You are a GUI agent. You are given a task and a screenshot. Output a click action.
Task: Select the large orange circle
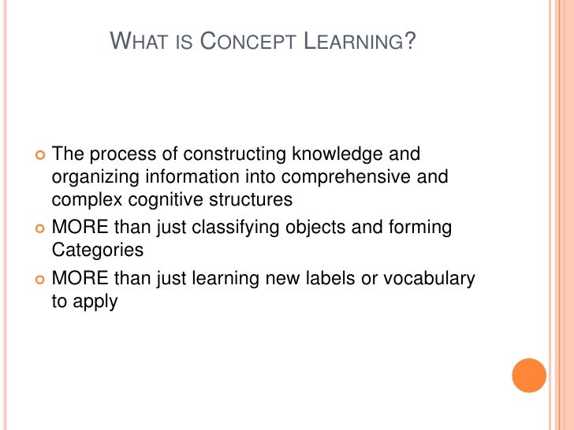click(529, 376)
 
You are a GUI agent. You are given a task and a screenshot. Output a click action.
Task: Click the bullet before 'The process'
click(40, 154)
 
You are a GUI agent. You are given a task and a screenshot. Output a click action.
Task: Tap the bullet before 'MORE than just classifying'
click(40, 228)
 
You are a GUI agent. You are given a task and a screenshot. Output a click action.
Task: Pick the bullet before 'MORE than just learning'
click(40, 279)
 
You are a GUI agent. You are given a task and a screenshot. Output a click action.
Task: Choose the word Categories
click(98, 251)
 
